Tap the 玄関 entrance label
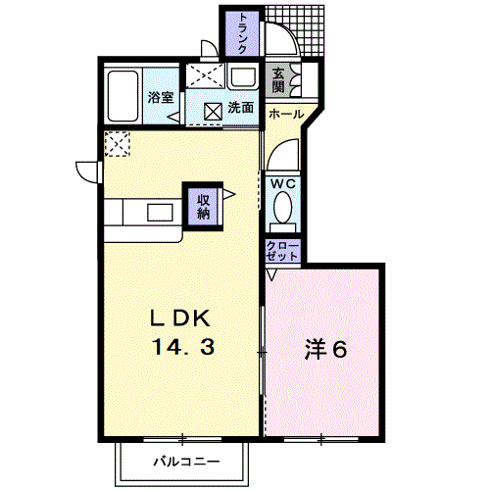[x=279, y=79]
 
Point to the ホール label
[x=284, y=114]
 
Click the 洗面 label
[x=241, y=109]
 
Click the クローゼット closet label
[x=282, y=251]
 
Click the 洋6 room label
[x=323, y=348]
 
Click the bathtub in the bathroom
[x=122, y=95]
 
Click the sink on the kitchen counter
[x=160, y=213]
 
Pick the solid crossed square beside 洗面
[x=213, y=111]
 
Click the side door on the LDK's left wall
[x=91, y=170]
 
